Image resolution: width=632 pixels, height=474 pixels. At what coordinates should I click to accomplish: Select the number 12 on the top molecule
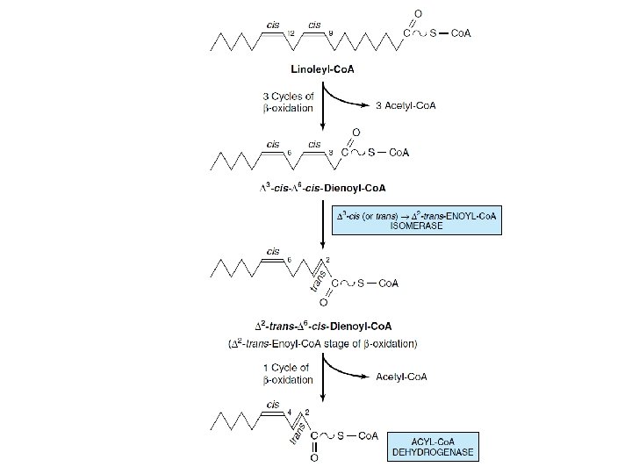pyautogui.click(x=291, y=33)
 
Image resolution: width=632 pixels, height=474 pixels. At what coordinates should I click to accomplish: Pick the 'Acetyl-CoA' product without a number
pyautogui.click(x=401, y=377)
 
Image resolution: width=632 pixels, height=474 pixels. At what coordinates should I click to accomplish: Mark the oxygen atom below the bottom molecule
pyautogui.click(x=313, y=457)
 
